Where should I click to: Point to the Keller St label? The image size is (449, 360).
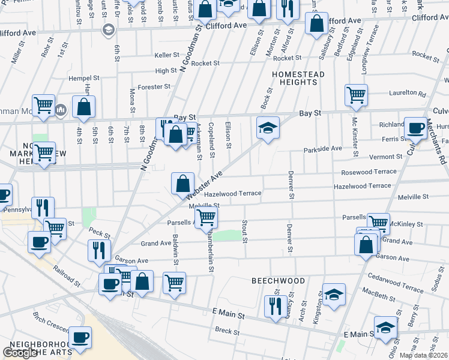tap(163, 55)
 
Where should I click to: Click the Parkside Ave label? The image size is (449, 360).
tap(322, 148)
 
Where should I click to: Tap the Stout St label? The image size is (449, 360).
tap(245, 232)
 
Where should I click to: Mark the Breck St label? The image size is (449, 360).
tap(227, 331)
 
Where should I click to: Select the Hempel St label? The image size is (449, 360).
tap(84, 78)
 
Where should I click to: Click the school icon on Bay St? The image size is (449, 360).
tap(268, 128)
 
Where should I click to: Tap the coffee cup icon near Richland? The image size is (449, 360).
tap(415, 127)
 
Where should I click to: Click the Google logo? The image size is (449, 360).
tap(20, 353)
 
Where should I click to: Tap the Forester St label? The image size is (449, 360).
tap(155, 86)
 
